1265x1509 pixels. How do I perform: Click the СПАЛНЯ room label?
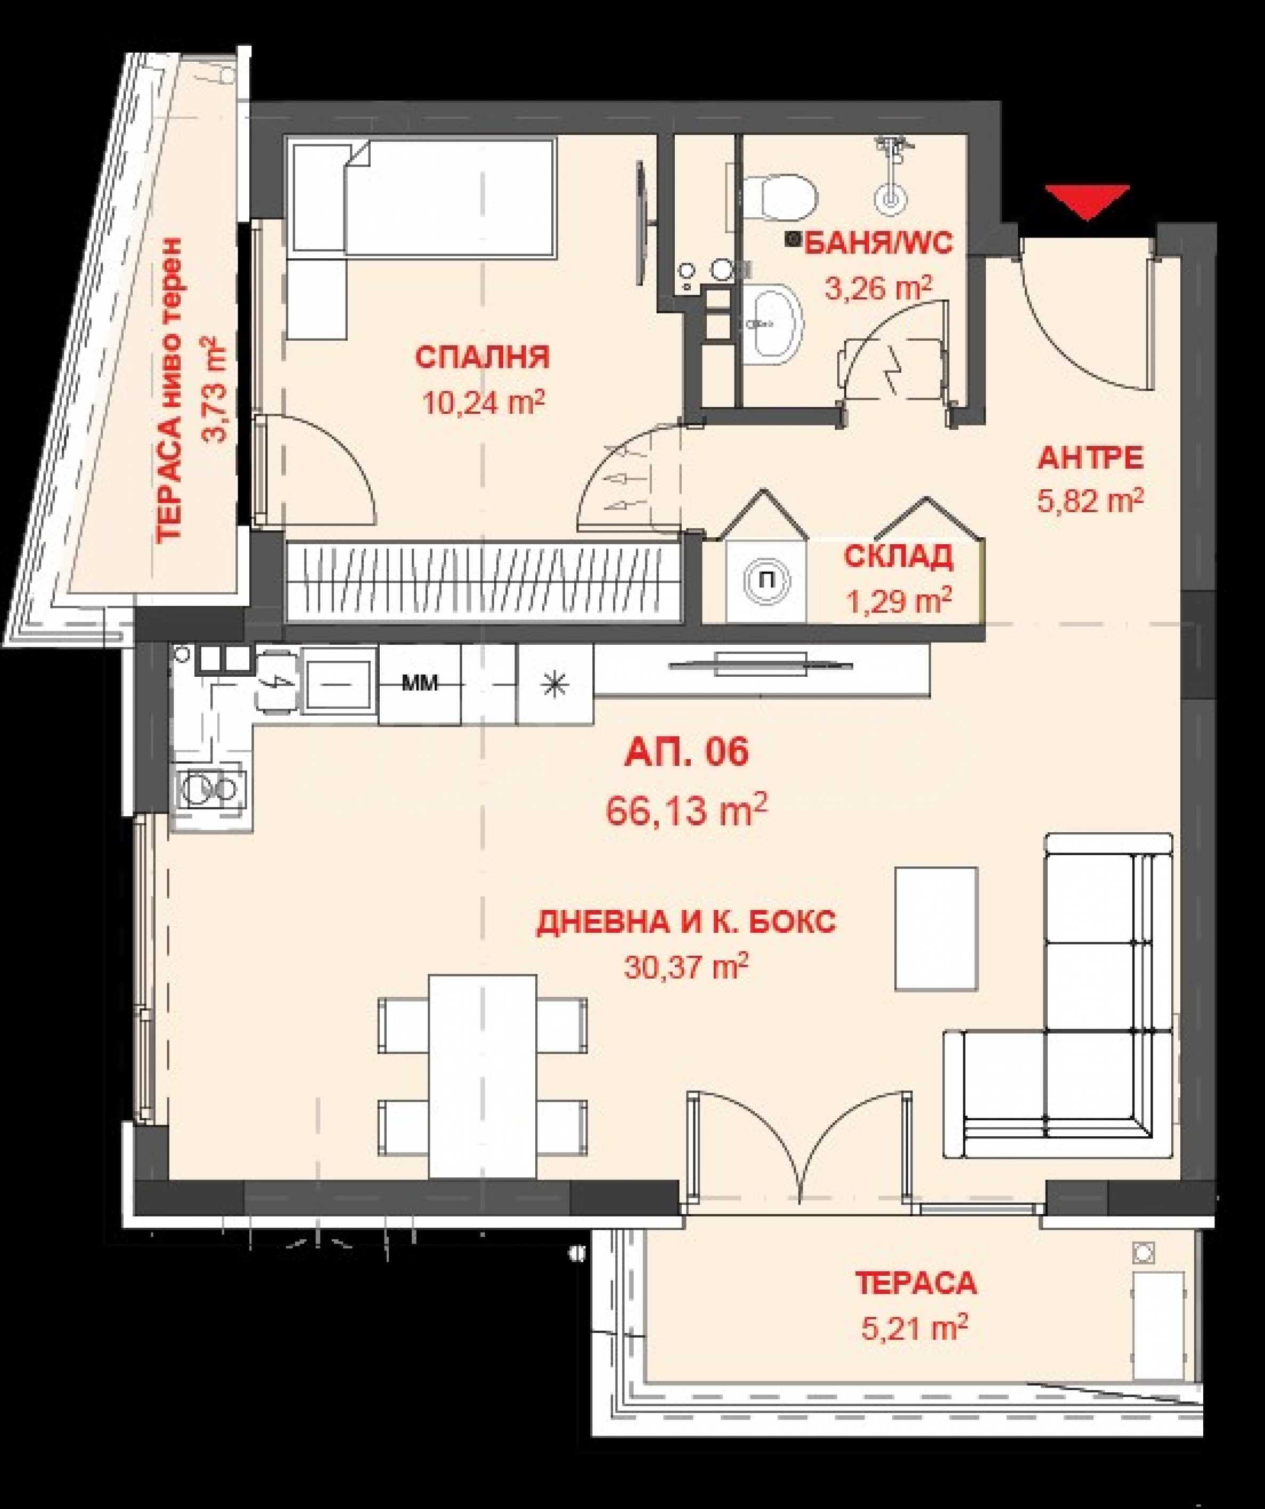(x=482, y=357)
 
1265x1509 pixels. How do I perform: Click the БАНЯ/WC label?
(x=878, y=243)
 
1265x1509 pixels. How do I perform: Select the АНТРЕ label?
(x=1090, y=458)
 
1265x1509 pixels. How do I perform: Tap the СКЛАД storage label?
(x=899, y=557)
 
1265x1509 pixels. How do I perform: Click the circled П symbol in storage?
(x=766, y=580)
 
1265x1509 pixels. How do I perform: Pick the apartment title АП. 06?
(x=687, y=752)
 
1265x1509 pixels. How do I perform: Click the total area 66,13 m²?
(x=687, y=810)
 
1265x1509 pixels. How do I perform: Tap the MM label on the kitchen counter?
(x=420, y=683)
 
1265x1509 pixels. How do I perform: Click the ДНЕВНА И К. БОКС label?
(x=687, y=922)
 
